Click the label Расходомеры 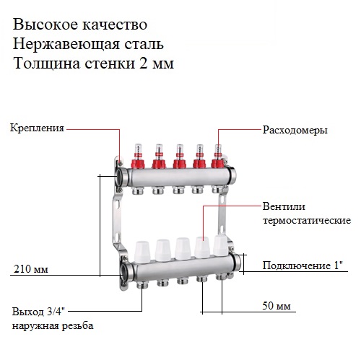(x=295, y=131)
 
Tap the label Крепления (x=37, y=128)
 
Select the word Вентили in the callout (x=284, y=206)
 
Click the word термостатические (x=307, y=220)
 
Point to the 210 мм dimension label (x=31, y=269)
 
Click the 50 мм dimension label (x=277, y=306)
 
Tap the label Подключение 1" (x=303, y=265)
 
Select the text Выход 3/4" (x=38, y=312)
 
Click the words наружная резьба (x=53, y=326)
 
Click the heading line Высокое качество (x=80, y=25)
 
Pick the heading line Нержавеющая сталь (x=88, y=44)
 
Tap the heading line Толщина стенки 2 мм (x=94, y=63)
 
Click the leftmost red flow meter (x=138, y=156)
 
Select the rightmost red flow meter (x=218, y=156)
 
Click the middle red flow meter (x=179, y=156)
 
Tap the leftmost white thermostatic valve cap (x=143, y=252)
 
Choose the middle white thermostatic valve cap (x=183, y=249)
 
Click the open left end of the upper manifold (x=120, y=177)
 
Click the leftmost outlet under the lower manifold (x=141, y=285)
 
